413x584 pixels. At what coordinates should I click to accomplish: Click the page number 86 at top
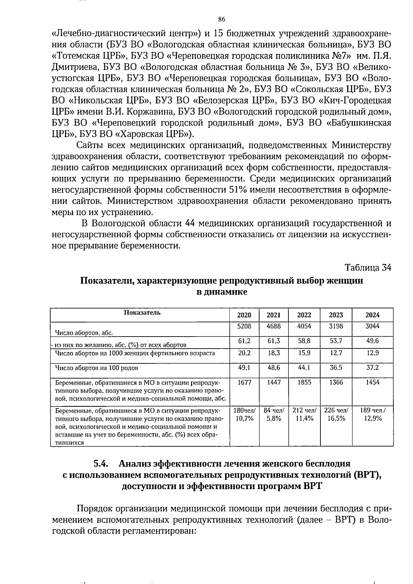click(x=222, y=19)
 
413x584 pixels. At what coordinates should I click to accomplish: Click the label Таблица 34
click(x=368, y=267)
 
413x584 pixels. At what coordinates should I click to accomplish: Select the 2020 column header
click(x=244, y=315)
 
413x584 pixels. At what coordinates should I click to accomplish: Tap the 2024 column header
click(x=372, y=315)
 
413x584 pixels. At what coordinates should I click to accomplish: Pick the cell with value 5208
click(x=244, y=326)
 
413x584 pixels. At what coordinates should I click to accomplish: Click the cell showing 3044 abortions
click(x=372, y=326)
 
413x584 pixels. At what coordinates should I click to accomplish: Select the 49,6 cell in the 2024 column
click(x=372, y=341)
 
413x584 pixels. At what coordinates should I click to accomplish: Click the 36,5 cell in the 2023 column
click(x=336, y=368)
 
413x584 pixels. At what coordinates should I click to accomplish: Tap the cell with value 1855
click(x=304, y=382)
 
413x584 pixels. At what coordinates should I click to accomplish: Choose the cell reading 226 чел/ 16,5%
click(x=336, y=414)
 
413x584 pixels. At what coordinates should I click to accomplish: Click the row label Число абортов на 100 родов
click(x=97, y=368)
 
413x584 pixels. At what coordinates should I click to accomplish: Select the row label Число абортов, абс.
click(x=84, y=333)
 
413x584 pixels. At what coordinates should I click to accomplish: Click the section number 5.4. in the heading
click(x=101, y=464)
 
